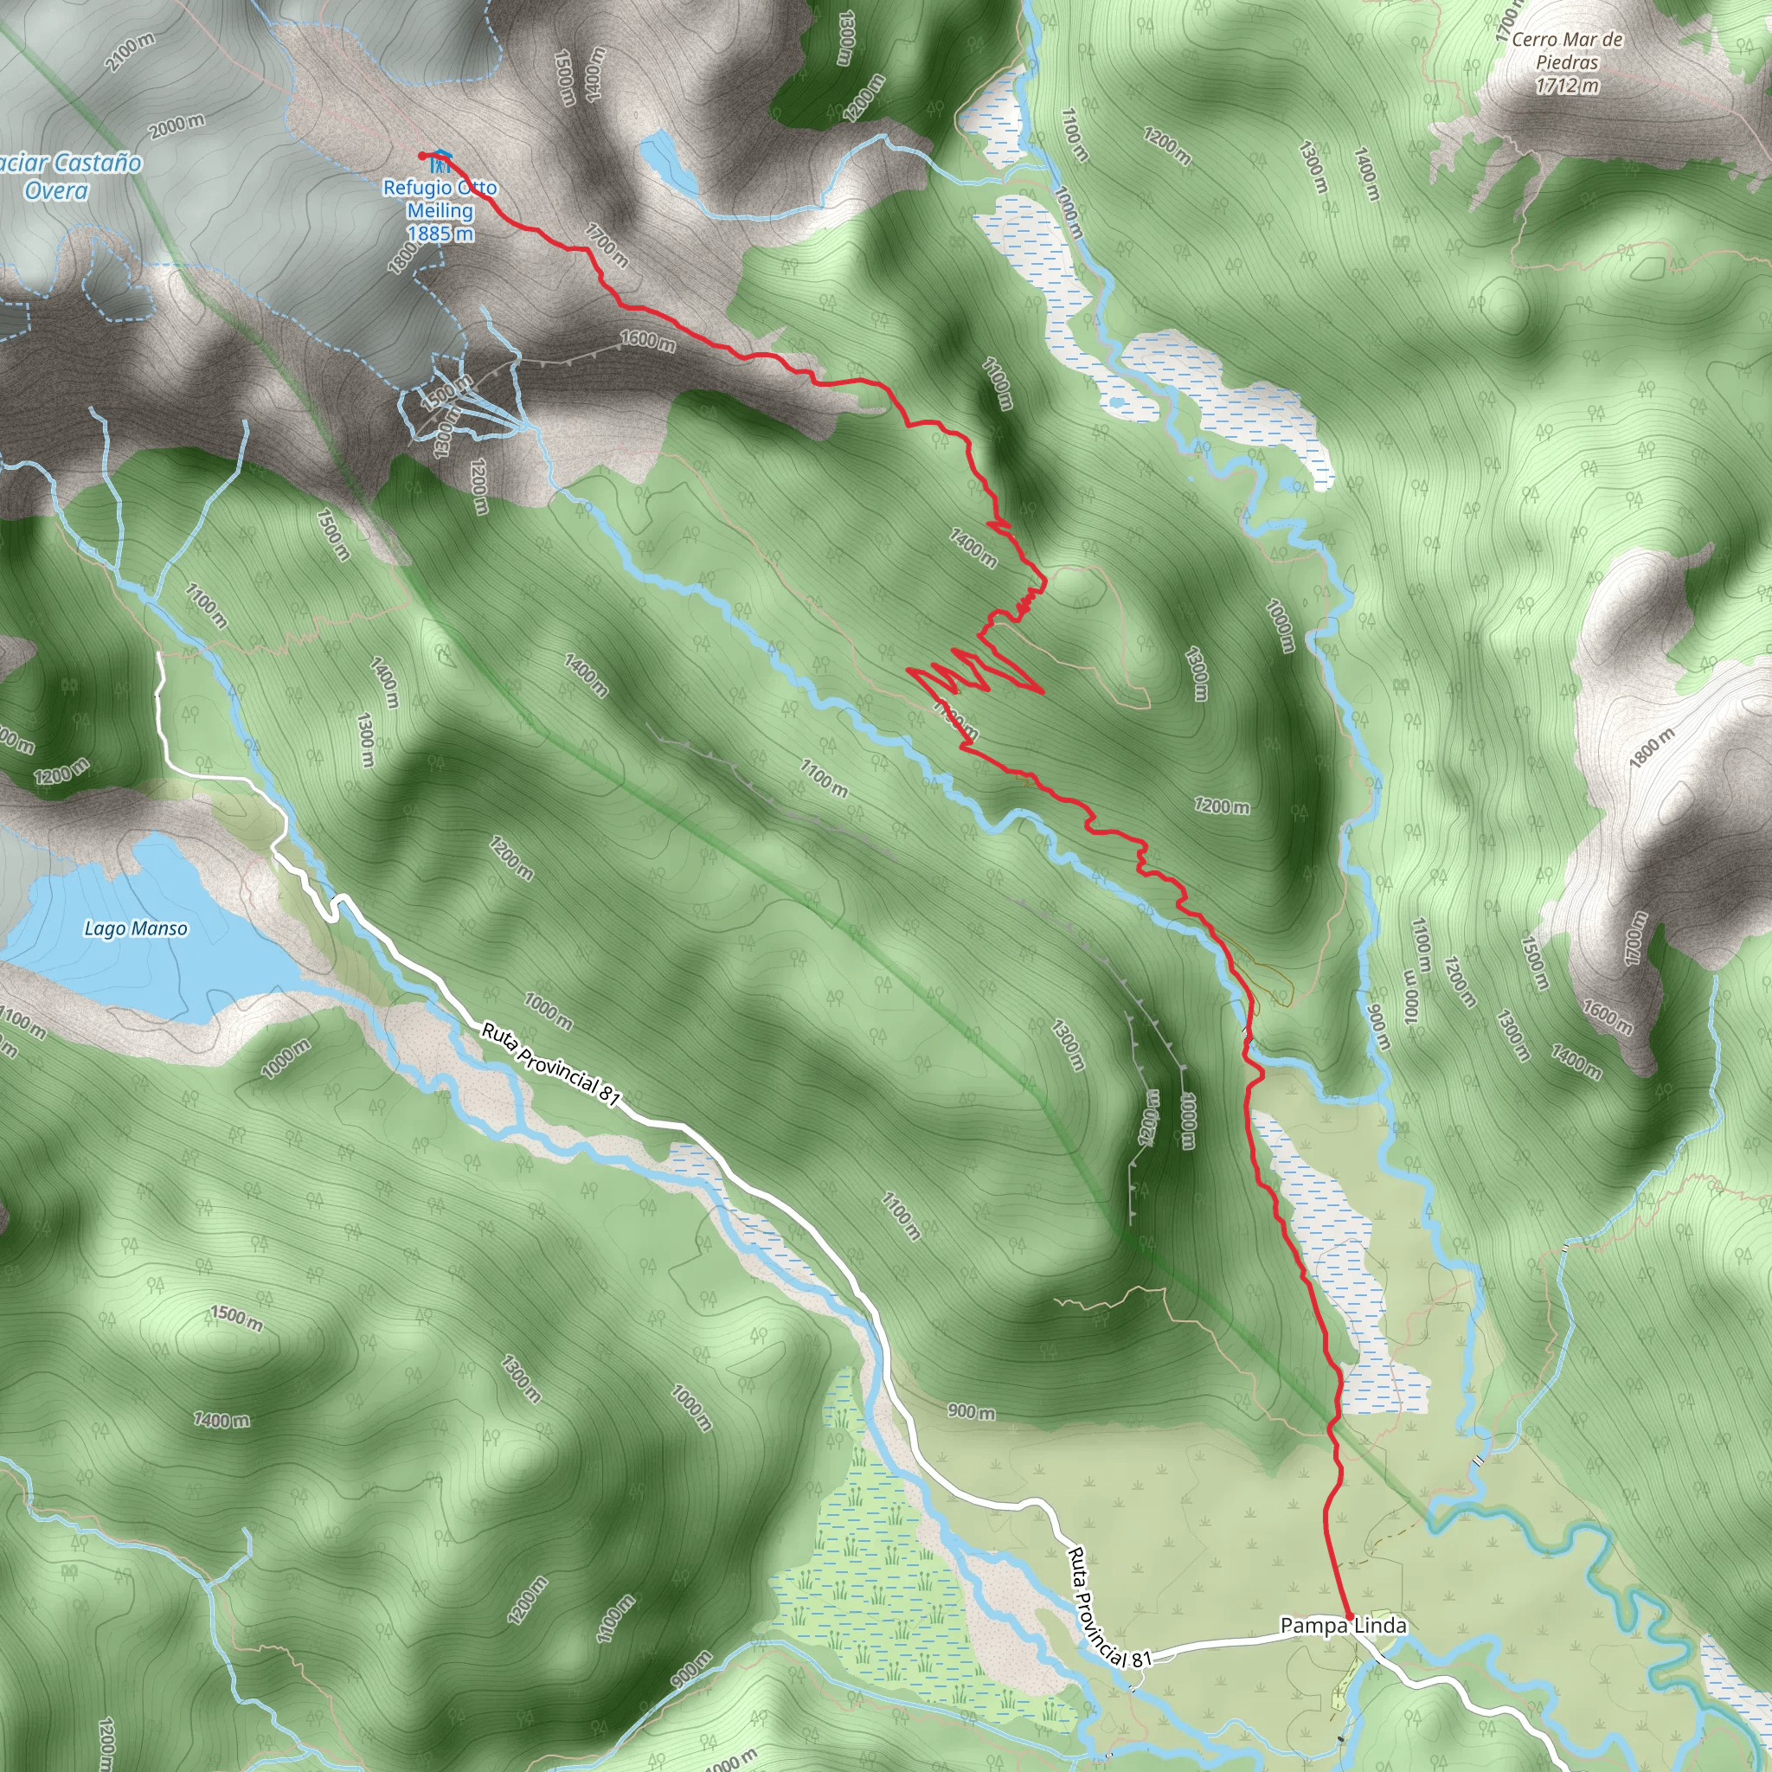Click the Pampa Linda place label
[x=1343, y=1626]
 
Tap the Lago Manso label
[x=136, y=929]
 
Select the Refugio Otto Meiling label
[x=440, y=199]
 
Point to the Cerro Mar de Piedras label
[x=1567, y=50]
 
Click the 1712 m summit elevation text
[x=1567, y=87]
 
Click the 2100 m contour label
[x=131, y=52]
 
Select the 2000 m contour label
[x=177, y=125]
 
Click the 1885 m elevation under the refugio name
[x=440, y=234]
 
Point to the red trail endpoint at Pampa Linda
[x=1349, y=1615]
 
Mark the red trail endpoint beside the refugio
[x=421, y=156]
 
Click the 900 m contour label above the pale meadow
[x=972, y=1411]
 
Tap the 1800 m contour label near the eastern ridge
[x=1651, y=748]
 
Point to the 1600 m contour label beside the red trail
[x=647, y=340]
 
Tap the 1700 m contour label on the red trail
[x=607, y=246]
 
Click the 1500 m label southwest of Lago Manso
[x=236, y=1317]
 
